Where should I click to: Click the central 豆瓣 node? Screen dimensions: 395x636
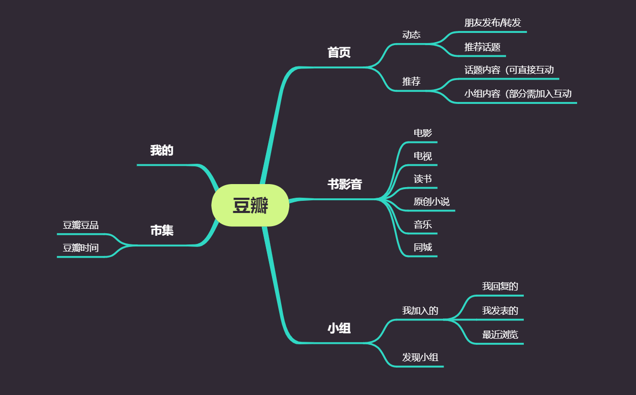pos(250,205)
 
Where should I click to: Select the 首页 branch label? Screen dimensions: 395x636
pos(339,53)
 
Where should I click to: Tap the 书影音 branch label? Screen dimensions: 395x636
pos(345,184)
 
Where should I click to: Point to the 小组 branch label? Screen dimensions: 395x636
pos(339,329)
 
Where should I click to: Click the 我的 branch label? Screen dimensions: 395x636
pos(162,151)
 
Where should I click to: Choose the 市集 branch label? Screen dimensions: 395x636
pos(162,231)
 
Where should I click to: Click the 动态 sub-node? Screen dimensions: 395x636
pos(411,34)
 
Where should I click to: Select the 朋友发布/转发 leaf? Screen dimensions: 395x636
pos(492,23)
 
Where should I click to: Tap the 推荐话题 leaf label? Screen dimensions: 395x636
pos(482,47)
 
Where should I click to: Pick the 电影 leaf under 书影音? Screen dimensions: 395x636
pos(423,133)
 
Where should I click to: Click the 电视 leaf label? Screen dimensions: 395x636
pos(423,156)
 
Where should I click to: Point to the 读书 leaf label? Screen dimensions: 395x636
pos(423,179)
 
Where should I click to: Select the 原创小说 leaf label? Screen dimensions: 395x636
pos(431,202)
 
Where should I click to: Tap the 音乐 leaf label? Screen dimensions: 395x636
pos(423,225)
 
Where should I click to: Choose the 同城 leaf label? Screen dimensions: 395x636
pos(423,247)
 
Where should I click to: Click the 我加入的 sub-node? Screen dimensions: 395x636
pos(420,311)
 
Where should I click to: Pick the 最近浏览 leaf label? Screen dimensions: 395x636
pos(500,335)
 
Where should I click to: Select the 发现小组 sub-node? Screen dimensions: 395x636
pos(420,357)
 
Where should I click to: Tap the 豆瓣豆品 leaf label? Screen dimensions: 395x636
pos(81,226)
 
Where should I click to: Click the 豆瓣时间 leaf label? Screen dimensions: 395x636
pos(81,248)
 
